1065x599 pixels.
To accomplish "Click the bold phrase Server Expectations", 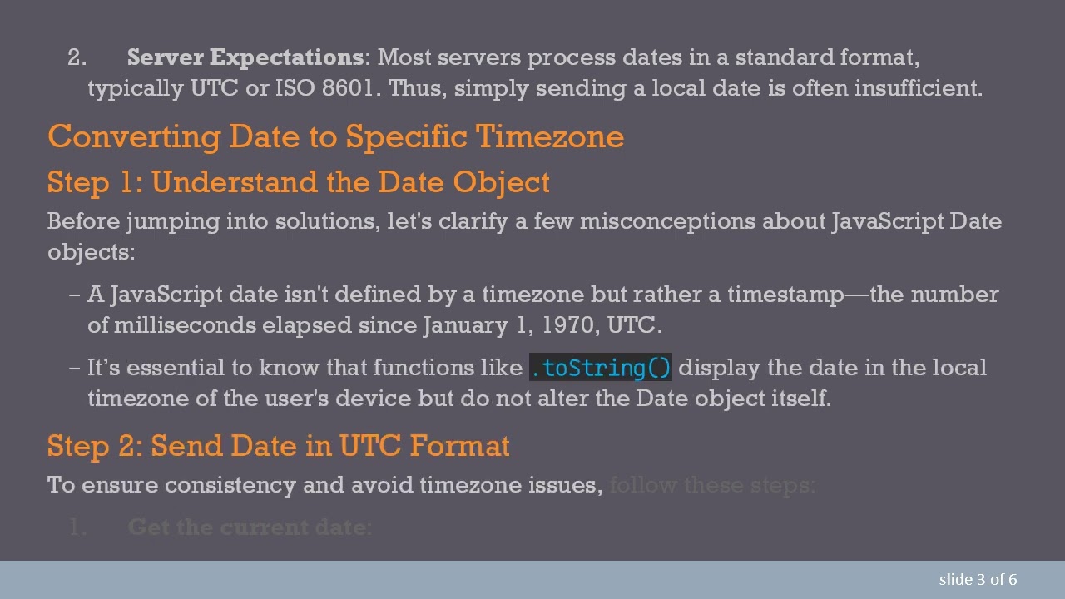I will (245, 57).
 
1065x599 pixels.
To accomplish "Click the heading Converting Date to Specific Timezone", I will (335, 136).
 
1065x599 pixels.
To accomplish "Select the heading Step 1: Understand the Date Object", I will (298, 182).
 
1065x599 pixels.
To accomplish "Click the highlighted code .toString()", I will (601, 368).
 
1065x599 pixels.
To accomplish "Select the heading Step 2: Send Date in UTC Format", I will (278, 446).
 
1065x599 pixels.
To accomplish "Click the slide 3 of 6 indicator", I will (978, 580).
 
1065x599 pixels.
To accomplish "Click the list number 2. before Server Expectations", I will (77, 57).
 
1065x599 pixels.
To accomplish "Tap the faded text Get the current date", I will (250, 527).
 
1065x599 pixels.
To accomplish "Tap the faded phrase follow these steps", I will (711, 485).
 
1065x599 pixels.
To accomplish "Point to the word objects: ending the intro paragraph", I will (91, 252).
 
